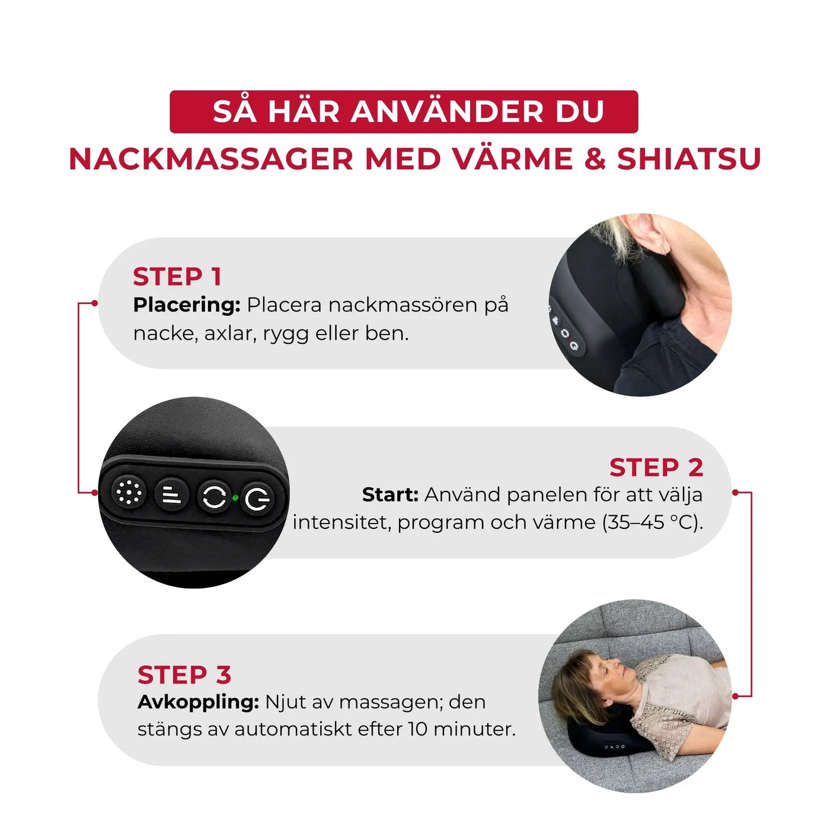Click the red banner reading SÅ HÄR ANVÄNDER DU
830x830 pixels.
[x=404, y=111]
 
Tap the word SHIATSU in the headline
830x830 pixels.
[x=689, y=159]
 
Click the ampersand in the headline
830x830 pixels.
[x=595, y=159]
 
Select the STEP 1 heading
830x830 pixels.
[x=177, y=277]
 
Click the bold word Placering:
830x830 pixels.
[x=186, y=305]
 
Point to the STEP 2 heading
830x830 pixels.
[x=656, y=467]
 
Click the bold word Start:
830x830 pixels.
[x=390, y=494]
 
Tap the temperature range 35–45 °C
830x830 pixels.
[x=648, y=522]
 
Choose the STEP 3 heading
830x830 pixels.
[x=184, y=675]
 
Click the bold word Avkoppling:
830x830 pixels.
[x=198, y=702]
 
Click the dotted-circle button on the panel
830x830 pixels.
[x=129, y=492]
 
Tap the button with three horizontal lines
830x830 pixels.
[x=172, y=494]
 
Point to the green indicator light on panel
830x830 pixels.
[x=235, y=498]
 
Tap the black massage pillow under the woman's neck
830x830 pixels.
[x=605, y=741]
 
